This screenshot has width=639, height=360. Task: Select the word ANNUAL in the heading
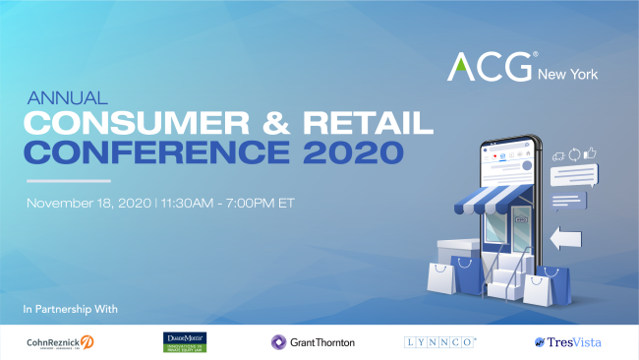coord(57,99)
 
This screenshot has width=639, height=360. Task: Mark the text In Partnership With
coord(70,310)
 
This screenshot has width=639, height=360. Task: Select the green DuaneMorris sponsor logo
coord(184,341)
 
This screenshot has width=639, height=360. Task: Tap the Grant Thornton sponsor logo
coord(313,342)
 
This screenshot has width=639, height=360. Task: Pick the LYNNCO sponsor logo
coord(440,342)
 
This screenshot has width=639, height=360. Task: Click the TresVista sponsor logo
coord(567,342)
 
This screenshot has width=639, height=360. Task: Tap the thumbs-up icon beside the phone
coord(591,153)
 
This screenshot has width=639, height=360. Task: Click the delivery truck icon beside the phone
coord(557,154)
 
